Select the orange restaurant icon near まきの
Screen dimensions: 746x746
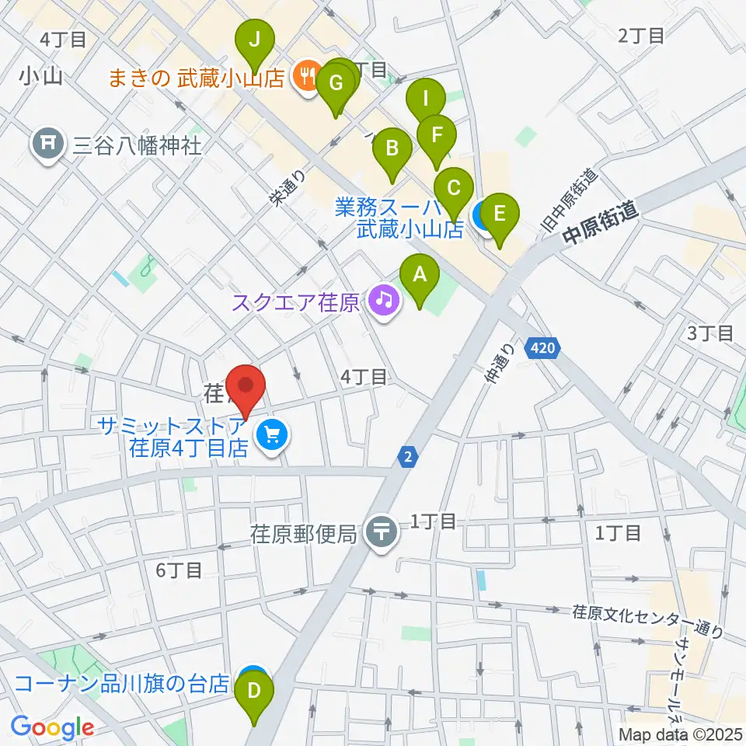304,76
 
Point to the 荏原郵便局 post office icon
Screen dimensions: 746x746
382,534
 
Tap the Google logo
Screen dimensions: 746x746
52,727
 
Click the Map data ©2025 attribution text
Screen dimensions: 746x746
679,734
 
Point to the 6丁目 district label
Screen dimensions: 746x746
179,570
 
